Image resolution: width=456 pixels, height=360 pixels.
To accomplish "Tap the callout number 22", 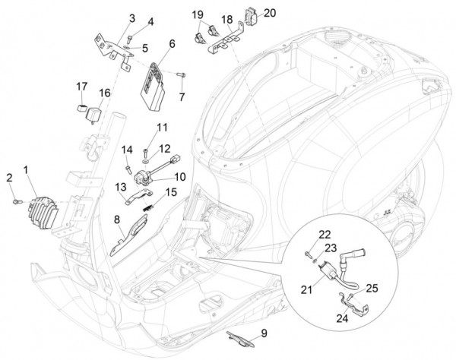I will click(325, 235).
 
